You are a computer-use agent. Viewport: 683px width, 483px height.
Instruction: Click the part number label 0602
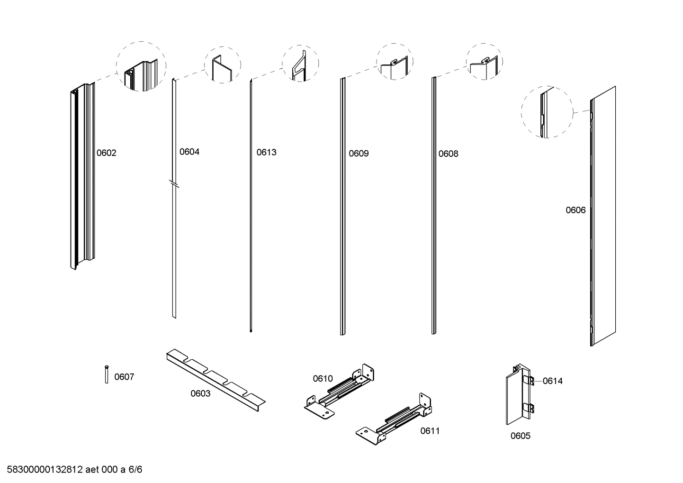tap(106, 153)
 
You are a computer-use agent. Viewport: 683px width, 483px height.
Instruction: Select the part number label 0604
tap(189, 152)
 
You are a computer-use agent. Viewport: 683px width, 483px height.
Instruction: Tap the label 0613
tap(266, 153)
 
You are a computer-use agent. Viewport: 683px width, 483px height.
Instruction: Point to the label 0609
tap(359, 154)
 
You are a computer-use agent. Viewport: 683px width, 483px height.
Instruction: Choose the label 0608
tap(448, 154)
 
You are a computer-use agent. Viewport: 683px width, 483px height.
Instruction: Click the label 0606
tap(575, 210)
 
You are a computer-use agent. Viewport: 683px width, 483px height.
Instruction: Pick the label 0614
tap(552, 381)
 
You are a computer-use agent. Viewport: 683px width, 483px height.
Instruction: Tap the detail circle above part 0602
tap(141, 66)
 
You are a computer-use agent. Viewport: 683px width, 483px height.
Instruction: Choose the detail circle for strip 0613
tap(300, 64)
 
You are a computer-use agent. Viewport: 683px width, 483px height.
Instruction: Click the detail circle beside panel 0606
tap(547, 112)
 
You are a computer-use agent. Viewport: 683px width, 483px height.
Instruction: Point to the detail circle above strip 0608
tap(484, 62)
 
